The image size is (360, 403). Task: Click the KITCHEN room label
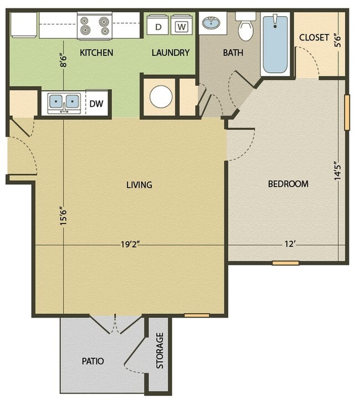click(x=96, y=53)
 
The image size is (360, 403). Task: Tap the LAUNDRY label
click(x=171, y=53)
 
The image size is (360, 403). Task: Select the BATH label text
click(x=232, y=53)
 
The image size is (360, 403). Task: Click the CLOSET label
click(x=314, y=38)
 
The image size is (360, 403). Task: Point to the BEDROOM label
click(x=288, y=184)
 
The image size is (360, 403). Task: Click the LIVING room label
click(x=138, y=185)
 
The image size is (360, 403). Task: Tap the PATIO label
click(x=92, y=361)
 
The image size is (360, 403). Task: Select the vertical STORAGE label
click(x=160, y=351)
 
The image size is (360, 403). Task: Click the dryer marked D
click(x=158, y=26)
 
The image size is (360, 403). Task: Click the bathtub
click(x=275, y=44)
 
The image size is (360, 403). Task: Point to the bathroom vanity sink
click(x=210, y=24)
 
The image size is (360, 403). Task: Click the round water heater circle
click(x=161, y=98)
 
